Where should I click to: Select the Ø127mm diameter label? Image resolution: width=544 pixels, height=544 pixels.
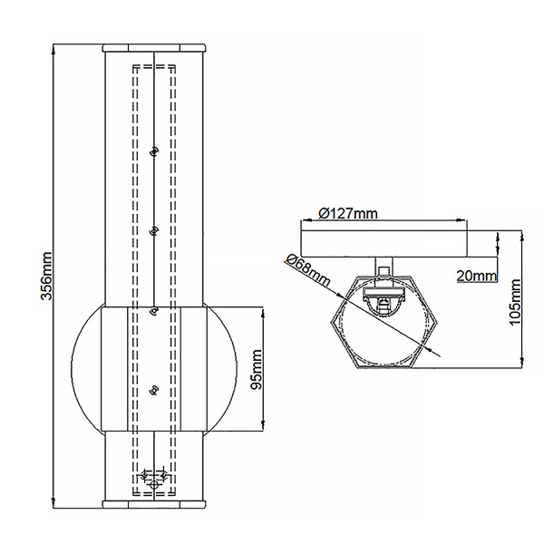[x=348, y=214]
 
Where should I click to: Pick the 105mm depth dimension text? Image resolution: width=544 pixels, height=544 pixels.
[x=516, y=302]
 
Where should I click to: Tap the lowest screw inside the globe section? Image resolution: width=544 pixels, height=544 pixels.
[x=153, y=390]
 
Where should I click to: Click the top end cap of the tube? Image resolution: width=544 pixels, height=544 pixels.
[x=153, y=46]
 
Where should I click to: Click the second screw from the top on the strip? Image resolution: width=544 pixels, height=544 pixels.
[x=154, y=231]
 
